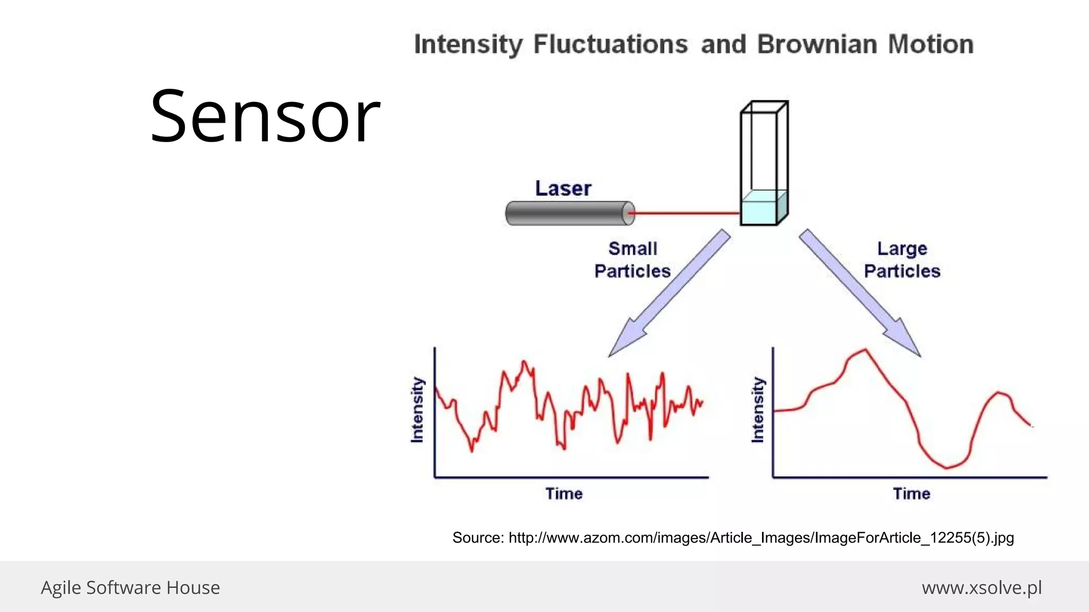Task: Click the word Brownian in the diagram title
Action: [x=817, y=44]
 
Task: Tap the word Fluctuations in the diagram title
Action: [x=610, y=44]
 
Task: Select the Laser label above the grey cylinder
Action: [x=563, y=189]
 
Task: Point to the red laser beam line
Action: [x=686, y=214]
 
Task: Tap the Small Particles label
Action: [x=632, y=260]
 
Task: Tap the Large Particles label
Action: [x=902, y=260]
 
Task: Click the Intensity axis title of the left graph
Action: [x=417, y=410]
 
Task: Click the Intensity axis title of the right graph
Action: [x=758, y=410]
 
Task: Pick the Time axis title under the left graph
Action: [x=564, y=494]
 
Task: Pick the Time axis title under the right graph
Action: [x=911, y=494]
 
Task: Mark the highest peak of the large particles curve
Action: [x=865, y=350]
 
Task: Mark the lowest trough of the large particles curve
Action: [x=946, y=468]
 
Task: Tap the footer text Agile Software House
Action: [x=130, y=588]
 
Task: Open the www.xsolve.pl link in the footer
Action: [x=982, y=588]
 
